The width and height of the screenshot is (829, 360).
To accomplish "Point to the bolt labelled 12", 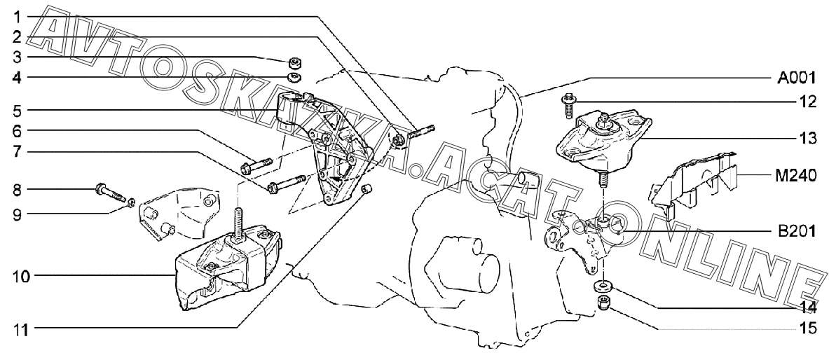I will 568,104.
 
